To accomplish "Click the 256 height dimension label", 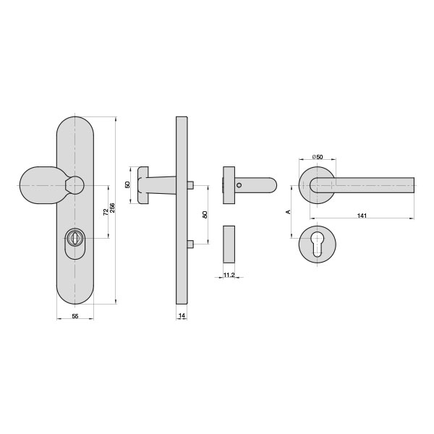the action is click(112, 208).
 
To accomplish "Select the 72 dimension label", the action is click(106, 212).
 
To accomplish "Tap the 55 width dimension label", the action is click(75, 316).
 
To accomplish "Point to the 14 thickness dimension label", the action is click(182, 315).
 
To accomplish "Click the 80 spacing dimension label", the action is click(205, 215).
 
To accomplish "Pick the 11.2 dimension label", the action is click(229, 275).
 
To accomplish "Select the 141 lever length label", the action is click(362, 216).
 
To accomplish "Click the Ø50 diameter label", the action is click(318, 157).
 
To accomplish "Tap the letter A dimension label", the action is click(289, 212).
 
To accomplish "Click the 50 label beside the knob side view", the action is click(127, 184).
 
